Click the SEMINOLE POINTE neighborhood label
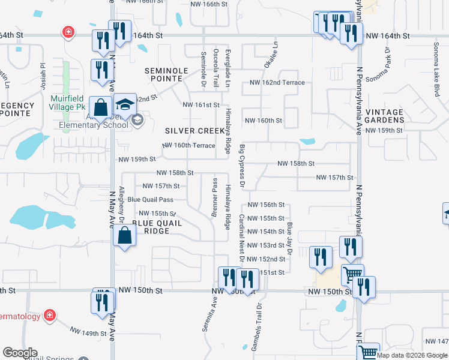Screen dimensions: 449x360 coord(167,74)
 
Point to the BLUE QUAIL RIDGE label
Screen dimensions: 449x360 coord(157,227)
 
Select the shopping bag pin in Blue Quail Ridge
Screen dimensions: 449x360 coord(124,235)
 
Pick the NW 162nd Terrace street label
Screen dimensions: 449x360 coord(277,83)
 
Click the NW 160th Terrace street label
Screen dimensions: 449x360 coord(188,146)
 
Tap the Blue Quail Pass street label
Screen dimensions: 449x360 coord(150,200)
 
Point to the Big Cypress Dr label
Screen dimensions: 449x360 coord(243,165)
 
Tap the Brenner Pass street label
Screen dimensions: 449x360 coord(214,197)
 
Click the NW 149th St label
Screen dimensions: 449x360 coord(89,332)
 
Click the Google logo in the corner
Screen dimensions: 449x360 coord(20,353)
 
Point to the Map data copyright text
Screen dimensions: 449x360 coord(412,355)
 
